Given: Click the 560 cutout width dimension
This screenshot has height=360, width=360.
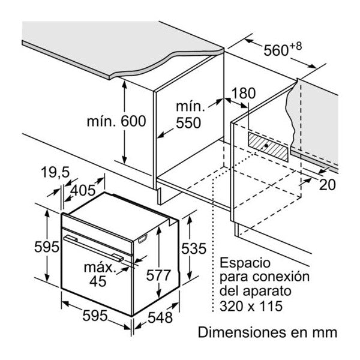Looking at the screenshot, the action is (x=276, y=50).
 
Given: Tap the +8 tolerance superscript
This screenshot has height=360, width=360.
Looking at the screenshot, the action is (x=295, y=47).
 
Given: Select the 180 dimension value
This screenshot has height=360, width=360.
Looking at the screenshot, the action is (x=244, y=93).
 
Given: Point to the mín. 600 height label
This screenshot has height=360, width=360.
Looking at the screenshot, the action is (x=116, y=121).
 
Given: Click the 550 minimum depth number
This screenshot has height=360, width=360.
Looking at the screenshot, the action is (x=188, y=123).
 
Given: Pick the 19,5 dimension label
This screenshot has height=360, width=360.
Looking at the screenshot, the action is (x=55, y=172).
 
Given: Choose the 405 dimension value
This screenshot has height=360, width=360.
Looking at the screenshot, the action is (x=82, y=190).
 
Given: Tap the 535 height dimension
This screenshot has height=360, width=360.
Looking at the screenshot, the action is (x=194, y=248).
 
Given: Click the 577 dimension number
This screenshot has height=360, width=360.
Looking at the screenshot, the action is (x=158, y=275).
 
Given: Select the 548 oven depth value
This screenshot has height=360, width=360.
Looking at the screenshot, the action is (x=160, y=318).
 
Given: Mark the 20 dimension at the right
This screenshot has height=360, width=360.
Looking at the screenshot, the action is (x=328, y=184).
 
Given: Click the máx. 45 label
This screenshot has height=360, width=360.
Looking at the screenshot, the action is (x=99, y=274).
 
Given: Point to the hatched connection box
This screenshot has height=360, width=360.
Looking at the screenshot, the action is (x=268, y=146).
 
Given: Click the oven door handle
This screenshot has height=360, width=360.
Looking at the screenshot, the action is (x=94, y=248).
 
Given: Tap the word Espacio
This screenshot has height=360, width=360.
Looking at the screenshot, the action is (x=245, y=263).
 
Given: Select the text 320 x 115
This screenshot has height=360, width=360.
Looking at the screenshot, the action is (x=251, y=306).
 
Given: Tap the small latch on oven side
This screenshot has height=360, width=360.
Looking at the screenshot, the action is (x=143, y=239).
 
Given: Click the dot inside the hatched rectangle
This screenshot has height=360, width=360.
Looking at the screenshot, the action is (x=266, y=145).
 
